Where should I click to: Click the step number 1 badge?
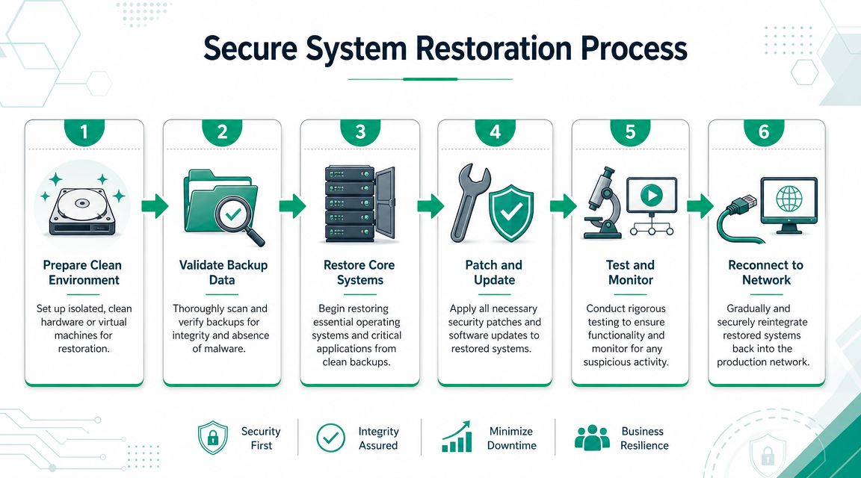[x=84, y=132]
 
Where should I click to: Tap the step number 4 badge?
[x=496, y=132]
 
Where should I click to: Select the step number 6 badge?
[x=764, y=132]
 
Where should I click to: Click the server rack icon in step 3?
[x=359, y=204]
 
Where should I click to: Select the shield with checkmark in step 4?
[x=511, y=213]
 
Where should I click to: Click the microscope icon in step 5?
[x=602, y=202]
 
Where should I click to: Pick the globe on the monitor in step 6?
[x=789, y=199]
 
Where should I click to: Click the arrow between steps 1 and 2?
[x=155, y=206]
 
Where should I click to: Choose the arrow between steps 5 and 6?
[x=700, y=206]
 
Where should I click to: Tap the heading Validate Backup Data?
[x=223, y=272]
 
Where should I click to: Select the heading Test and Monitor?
[x=630, y=272]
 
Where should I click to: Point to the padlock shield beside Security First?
[x=213, y=438]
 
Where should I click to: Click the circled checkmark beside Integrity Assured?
[x=331, y=438]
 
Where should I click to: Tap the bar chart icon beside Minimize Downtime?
[x=457, y=437]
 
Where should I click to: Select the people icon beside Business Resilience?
[x=592, y=438]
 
